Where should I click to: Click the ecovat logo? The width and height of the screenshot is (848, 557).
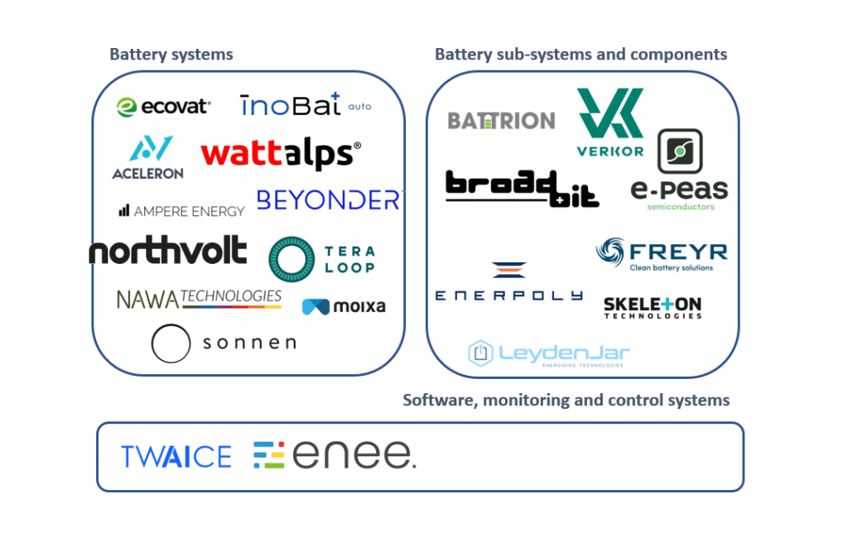coord(164,106)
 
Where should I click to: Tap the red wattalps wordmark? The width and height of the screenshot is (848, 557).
coord(281,153)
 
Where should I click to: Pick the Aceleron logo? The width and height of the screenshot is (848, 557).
coord(148,158)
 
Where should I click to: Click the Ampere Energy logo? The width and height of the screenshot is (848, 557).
coord(181,211)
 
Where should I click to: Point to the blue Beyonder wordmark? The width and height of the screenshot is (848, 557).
coord(328,200)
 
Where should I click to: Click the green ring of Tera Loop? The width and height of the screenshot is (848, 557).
coord(291,259)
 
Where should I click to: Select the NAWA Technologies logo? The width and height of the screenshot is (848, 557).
coord(199,299)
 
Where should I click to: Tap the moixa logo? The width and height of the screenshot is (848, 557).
coord(344,307)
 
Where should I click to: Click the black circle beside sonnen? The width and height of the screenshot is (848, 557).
coord(171,343)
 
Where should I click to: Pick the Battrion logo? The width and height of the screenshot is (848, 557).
coord(501,121)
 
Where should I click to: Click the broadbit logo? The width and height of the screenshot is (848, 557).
coord(522,188)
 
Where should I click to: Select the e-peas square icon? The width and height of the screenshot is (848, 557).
coord(680,151)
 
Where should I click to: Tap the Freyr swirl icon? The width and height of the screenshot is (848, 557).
coord(611,252)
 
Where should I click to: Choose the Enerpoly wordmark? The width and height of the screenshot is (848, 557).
coord(509,295)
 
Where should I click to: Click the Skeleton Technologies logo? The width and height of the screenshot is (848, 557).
coord(653,307)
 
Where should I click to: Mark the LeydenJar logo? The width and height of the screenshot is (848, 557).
coord(549,354)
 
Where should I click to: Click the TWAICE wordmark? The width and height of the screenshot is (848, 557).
coord(176,457)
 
